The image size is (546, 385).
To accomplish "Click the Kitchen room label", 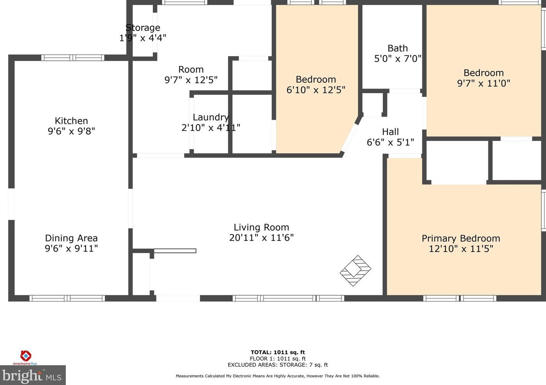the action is tap(71, 121).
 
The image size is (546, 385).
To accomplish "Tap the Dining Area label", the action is tap(71, 238).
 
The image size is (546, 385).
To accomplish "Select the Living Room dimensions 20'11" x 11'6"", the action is tap(261, 238).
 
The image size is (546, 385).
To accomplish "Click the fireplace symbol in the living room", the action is tap(355, 271).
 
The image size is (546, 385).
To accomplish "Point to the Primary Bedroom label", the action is tap(461, 238).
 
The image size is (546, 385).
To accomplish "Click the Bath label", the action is tap(398, 48).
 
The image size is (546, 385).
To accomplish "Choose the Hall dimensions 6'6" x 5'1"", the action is tap(390, 142).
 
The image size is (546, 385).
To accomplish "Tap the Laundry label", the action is tap(211, 117).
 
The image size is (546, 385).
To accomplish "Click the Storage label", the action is tap(143, 28).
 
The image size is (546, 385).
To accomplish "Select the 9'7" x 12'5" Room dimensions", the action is tap(191, 80).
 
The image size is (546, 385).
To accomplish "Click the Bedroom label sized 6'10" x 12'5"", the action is tap(316, 79).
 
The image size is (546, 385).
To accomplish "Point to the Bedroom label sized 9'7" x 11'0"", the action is tap(484, 73).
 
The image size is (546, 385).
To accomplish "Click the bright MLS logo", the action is tap(33, 375).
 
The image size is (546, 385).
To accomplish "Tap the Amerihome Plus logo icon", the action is tap(26, 356).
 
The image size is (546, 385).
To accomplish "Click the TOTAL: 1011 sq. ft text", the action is tap(278, 352).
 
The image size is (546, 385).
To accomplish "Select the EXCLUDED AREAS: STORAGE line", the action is tap(278, 365).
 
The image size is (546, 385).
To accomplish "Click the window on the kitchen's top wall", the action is tap(72, 58).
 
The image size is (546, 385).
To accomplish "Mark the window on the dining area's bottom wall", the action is tap(67, 298).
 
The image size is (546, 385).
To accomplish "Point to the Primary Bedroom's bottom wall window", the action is tap(460, 298).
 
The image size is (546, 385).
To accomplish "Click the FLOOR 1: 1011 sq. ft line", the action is tap(278, 358).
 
